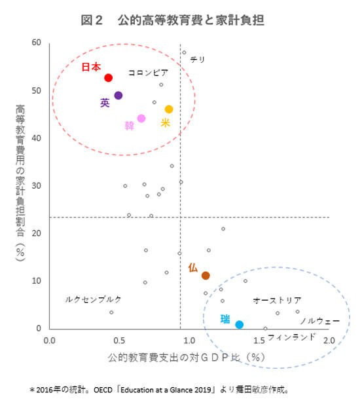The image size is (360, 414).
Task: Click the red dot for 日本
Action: [109, 78]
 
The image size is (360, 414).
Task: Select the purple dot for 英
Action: [118, 96]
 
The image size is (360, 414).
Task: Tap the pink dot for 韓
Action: [141, 119]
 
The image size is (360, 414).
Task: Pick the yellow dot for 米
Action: [169, 109]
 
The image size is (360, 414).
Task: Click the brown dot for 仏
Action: [206, 276]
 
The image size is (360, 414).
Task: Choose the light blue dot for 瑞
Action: [240, 324]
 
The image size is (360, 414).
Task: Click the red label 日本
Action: [91, 67]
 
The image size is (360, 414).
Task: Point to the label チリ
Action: [198, 60]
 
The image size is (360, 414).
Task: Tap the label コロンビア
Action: [148, 73]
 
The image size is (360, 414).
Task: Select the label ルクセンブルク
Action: [93, 299]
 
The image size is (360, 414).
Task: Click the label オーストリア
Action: [277, 301]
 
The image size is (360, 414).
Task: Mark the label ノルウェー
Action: [319, 322]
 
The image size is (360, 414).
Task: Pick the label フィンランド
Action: [291, 337]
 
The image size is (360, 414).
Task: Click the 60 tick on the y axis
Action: [36, 43]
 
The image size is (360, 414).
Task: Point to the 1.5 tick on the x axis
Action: [259, 341]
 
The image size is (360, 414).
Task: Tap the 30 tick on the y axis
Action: [36, 186]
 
